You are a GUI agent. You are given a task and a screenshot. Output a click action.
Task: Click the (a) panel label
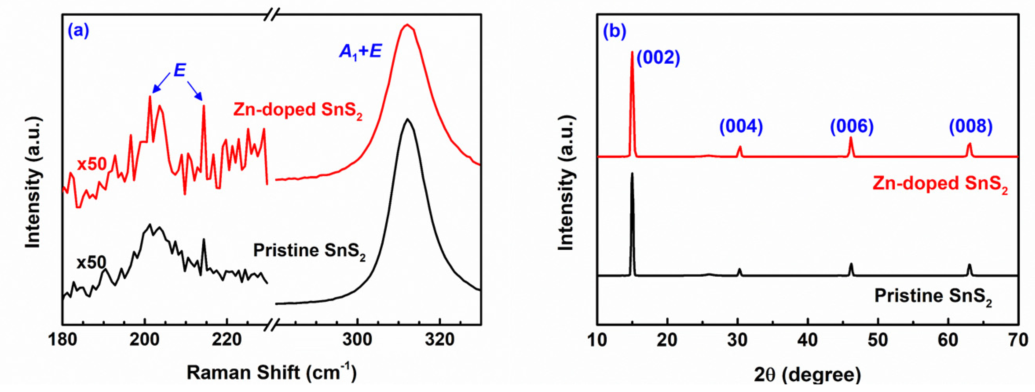(78, 31)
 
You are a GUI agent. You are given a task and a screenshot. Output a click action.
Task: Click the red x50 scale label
(92, 164)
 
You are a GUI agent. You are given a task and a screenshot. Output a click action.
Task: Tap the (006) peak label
(852, 127)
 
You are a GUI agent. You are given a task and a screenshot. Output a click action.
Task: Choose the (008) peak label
(971, 127)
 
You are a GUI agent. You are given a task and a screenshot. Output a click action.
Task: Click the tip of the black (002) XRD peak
(632, 174)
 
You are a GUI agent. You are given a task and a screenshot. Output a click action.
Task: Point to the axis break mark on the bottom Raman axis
(272, 325)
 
